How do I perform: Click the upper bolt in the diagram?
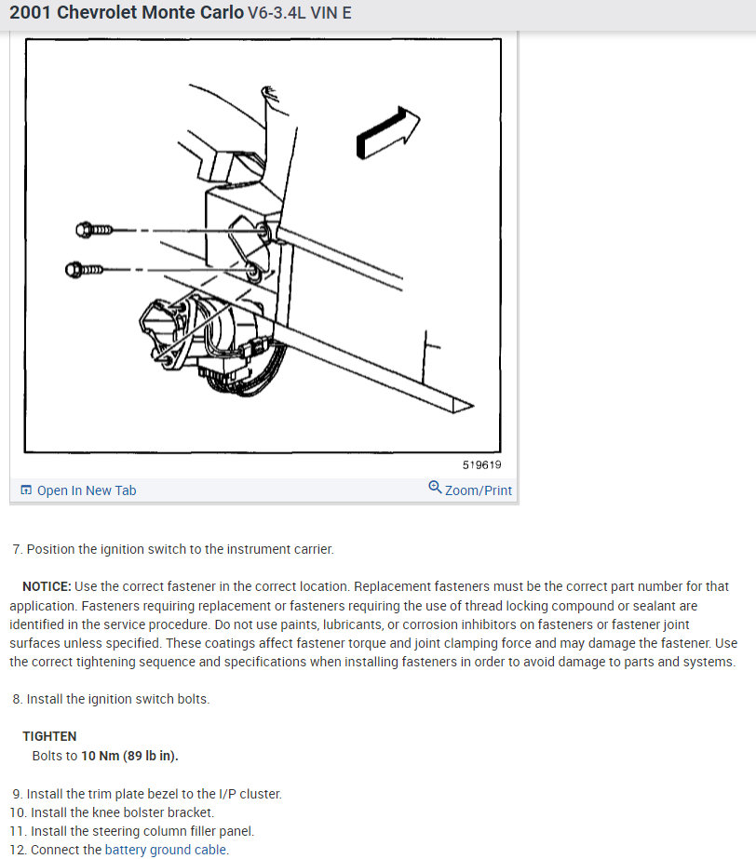[94, 229]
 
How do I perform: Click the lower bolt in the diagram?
[84, 270]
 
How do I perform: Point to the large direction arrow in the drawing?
[387, 133]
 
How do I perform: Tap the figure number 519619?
[481, 465]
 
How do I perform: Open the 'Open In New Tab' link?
[87, 490]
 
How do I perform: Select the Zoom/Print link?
[478, 490]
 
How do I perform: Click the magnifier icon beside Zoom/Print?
[435, 487]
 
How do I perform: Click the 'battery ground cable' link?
[166, 850]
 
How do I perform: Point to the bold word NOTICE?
[47, 586]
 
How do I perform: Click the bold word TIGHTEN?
[49, 736]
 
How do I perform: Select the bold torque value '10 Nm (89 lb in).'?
[130, 756]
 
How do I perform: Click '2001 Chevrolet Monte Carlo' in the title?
[127, 13]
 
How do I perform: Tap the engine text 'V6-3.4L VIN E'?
[300, 13]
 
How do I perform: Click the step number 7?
[18, 549]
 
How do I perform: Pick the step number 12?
[18, 850]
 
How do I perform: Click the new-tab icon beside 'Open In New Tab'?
[26, 490]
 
